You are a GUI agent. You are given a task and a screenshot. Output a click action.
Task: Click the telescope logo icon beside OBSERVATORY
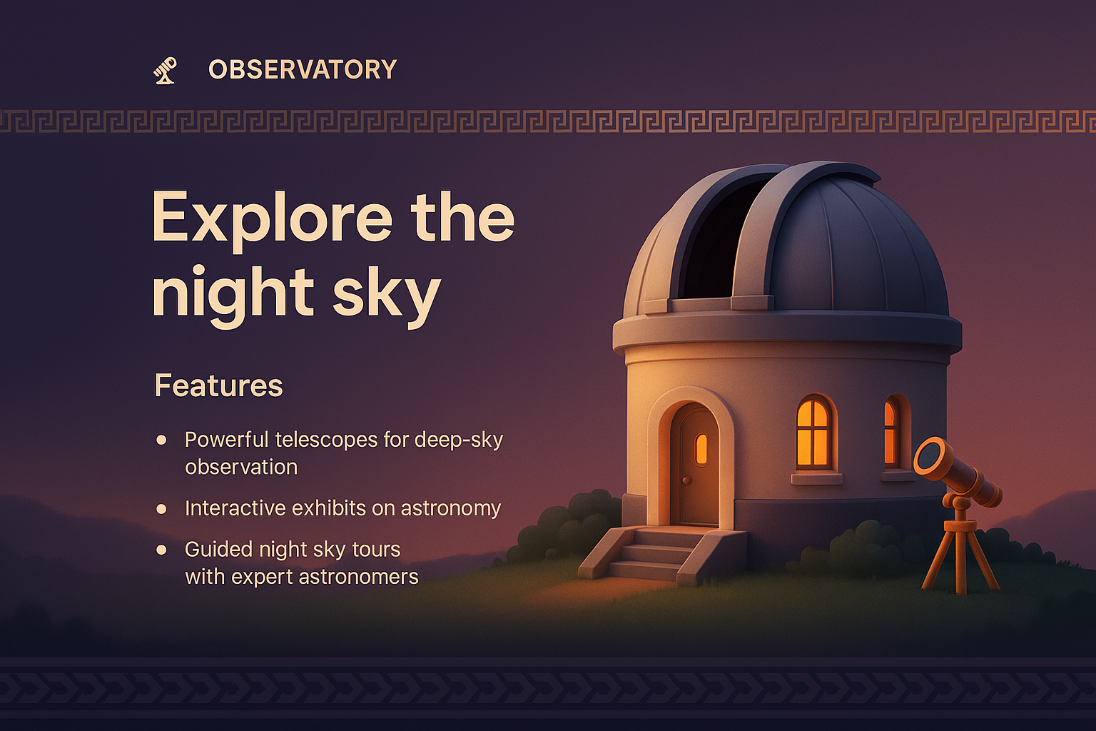point(165,70)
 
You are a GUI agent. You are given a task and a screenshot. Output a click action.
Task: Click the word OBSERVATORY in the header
point(303,70)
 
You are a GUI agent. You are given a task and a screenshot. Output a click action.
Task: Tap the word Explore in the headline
point(272,217)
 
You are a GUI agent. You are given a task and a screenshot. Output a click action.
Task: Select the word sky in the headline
point(386,293)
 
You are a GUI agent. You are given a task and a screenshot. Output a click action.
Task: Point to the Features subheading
point(218,386)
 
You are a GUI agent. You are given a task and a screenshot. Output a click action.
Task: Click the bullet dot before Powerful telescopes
point(162,440)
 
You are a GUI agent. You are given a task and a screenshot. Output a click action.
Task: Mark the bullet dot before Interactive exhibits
point(162,509)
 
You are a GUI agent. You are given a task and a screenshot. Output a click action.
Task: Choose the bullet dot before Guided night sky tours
point(162,550)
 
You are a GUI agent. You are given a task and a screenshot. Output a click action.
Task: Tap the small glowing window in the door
point(701,448)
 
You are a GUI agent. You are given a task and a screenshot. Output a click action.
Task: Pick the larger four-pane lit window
point(813,433)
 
